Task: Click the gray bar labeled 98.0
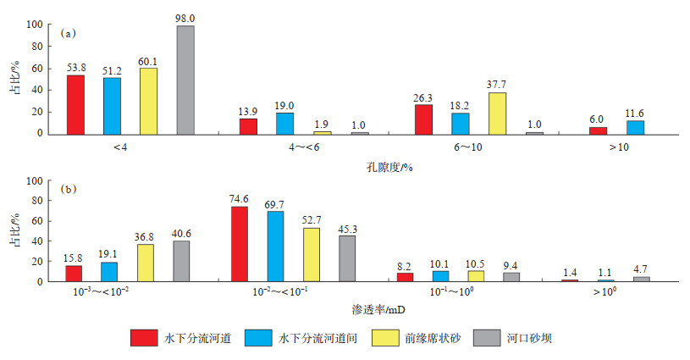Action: [x=185, y=80]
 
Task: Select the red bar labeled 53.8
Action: [x=76, y=104]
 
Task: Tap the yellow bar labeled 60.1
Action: [x=148, y=101]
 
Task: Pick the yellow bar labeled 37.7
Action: [x=498, y=113]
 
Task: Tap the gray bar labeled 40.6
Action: [x=182, y=261]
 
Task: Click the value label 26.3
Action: [x=424, y=97]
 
